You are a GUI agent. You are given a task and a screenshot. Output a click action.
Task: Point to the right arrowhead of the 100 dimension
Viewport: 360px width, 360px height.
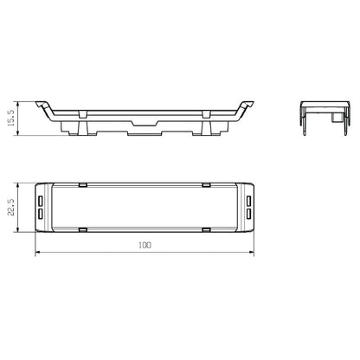click(x=252, y=254)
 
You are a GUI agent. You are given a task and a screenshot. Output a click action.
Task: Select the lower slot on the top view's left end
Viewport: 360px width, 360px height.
click(x=40, y=213)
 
